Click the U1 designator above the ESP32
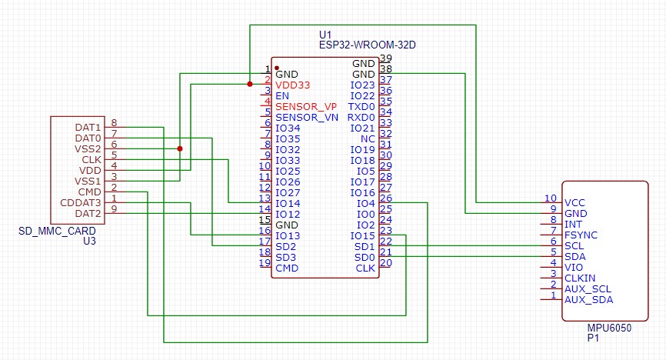coord(325,35)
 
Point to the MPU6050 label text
coord(609,328)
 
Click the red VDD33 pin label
coord(294,85)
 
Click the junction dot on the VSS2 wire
coord(180,148)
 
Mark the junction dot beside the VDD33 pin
coord(250,84)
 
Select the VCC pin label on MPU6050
coord(575,202)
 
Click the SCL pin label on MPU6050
coord(574,245)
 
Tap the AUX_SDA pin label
coord(588,299)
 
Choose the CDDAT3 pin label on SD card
coord(80,202)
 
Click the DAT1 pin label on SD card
coord(88,127)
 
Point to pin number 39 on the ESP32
coord(386,58)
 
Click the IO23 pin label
coord(362,85)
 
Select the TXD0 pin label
coord(361,106)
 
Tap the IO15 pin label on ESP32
coord(362,235)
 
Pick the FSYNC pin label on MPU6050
coord(581,235)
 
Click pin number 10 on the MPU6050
coord(550,198)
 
